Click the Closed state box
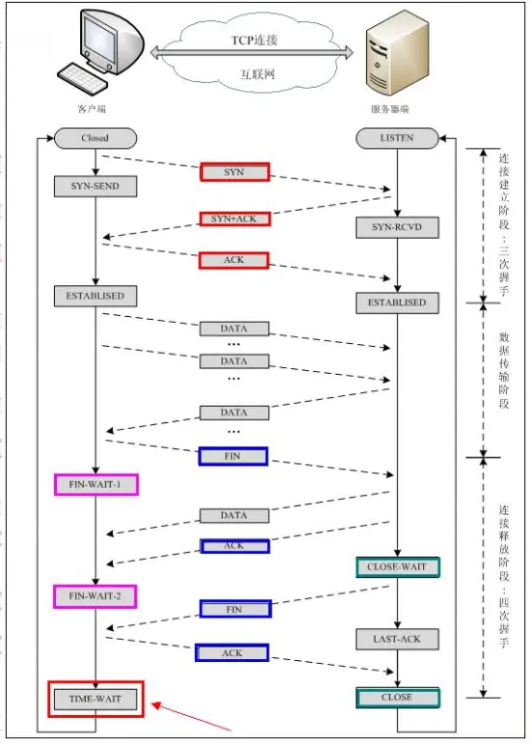tap(96, 138)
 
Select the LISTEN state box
tap(397, 138)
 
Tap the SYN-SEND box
tap(96, 186)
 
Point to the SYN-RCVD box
tap(397, 229)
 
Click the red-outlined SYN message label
tap(234, 171)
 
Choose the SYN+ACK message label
tap(234, 218)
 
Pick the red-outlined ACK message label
tap(234, 260)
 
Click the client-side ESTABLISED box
tap(96, 295)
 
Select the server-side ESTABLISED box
tap(397, 302)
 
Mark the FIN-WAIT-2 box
tap(96, 596)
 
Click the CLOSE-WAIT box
tap(397, 566)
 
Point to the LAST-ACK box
tap(397, 639)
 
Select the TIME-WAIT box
tap(96, 697)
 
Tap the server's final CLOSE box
tap(397, 697)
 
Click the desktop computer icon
tap(101, 53)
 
